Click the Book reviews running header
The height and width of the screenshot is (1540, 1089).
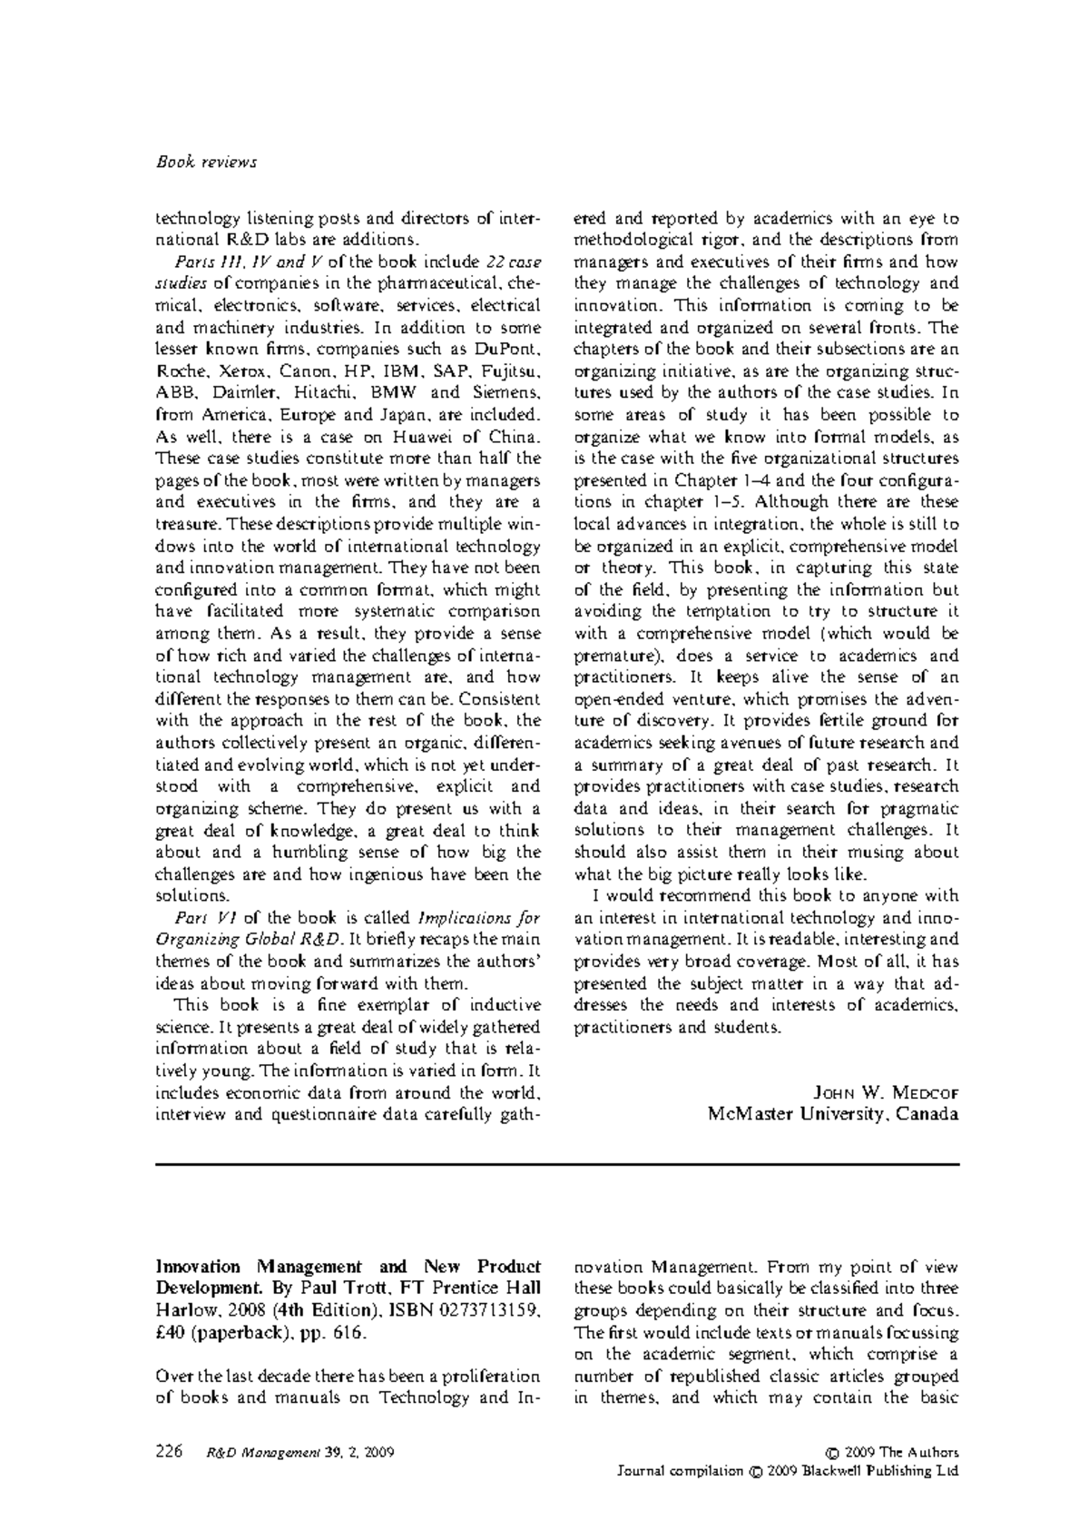[x=207, y=163]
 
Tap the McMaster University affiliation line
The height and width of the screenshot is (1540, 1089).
[x=833, y=1114]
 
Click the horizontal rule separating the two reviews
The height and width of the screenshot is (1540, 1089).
[x=557, y=1164]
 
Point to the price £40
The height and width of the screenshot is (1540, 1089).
[x=172, y=1332]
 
